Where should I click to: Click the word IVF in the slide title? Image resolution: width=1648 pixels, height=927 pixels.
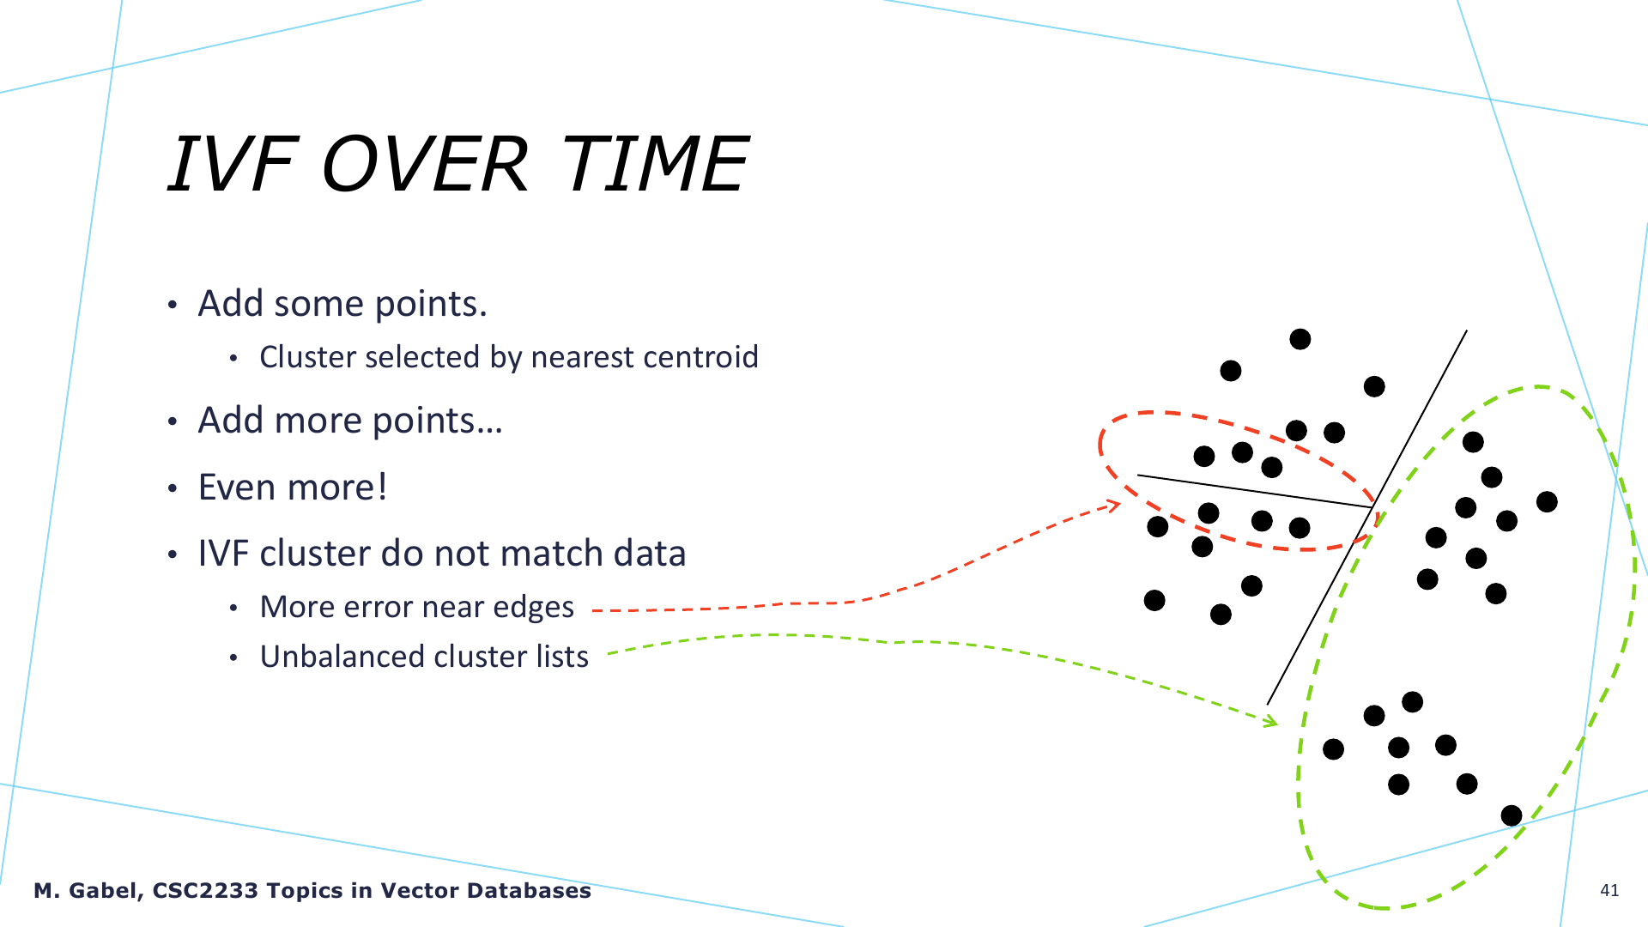pyautogui.click(x=231, y=164)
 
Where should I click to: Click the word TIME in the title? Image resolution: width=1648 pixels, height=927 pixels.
pyautogui.click(x=655, y=164)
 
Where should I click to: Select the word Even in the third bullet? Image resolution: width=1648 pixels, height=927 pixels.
pyautogui.click(x=238, y=487)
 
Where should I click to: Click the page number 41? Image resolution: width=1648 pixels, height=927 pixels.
pyautogui.click(x=1609, y=890)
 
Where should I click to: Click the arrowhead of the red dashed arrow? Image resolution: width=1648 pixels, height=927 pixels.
pyautogui.click(x=1114, y=506)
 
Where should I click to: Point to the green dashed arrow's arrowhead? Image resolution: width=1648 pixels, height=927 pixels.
pyautogui.click(x=1270, y=721)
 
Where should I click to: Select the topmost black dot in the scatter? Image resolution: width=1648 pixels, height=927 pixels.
pyautogui.click(x=1300, y=339)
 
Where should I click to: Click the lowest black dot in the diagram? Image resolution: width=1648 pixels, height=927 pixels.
pyautogui.click(x=1512, y=815)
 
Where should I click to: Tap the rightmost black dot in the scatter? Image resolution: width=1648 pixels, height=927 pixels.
pyautogui.click(x=1547, y=501)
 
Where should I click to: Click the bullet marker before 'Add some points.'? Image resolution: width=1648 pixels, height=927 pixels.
pyautogui.click(x=173, y=306)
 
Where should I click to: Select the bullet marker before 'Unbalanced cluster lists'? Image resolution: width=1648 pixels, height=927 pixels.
pyautogui.click(x=233, y=658)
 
